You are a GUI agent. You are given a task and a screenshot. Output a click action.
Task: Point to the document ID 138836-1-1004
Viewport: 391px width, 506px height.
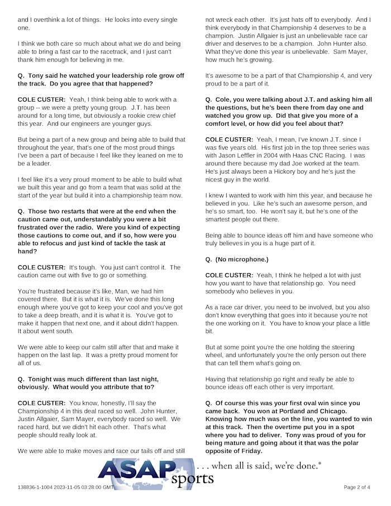pyautogui.click(x=37, y=487)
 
